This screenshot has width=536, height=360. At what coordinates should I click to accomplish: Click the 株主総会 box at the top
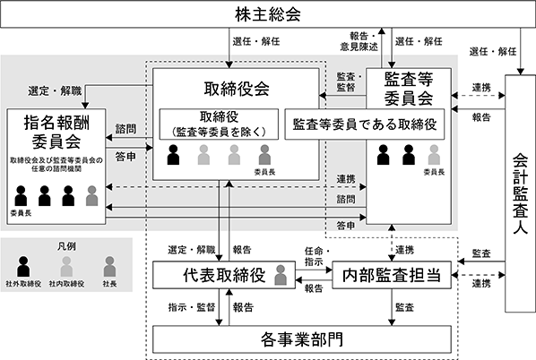pyautogui.click(x=268, y=14)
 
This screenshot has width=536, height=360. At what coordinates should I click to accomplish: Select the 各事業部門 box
pyautogui.click(x=302, y=339)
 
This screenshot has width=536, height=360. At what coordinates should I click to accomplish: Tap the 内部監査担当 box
pyautogui.click(x=392, y=275)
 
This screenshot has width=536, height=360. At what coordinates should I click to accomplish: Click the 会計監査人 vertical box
pyautogui.click(x=520, y=193)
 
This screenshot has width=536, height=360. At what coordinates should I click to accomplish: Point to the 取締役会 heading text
pyautogui.click(x=237, y=89)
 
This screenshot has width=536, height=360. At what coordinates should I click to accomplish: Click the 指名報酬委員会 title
pyautogui.click(x=56, y=132)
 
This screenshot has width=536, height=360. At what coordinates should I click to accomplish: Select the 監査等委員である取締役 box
pyautogui.click(x=365, y=124)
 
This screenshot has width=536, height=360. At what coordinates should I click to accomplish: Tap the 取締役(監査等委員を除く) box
pyautogui.click(x=219, y=124)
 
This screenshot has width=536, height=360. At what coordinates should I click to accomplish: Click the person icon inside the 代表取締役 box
pyautogui.click(x=281, y=275)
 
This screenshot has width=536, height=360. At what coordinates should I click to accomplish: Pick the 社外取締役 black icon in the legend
pyautogui.click(x=23, y=266)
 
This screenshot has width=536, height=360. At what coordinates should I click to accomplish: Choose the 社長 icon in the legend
pyautogui.click(x=109, y=266)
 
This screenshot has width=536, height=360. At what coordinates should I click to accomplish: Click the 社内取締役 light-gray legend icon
pyautogui.click(x=66, y=266)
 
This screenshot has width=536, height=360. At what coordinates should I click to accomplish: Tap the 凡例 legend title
pyautogui.click(x=66, y=246)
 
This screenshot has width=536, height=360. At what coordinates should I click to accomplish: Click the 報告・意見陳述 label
pyautogui.click(x=359, y=41)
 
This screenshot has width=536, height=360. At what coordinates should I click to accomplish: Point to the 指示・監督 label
pyautogui.click(x=192, y=307)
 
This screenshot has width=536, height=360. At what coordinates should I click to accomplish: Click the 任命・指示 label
pyautogui.click(x=317, y=256)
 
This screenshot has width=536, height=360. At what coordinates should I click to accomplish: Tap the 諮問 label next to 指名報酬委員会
pyautogui.click(x=125, y=129)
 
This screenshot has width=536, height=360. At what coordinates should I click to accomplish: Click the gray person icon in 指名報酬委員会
pyautogui.click(x=92, y=196)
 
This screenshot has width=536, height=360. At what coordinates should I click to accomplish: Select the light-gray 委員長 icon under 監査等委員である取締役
pyautogui.click(x=434, y=155)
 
